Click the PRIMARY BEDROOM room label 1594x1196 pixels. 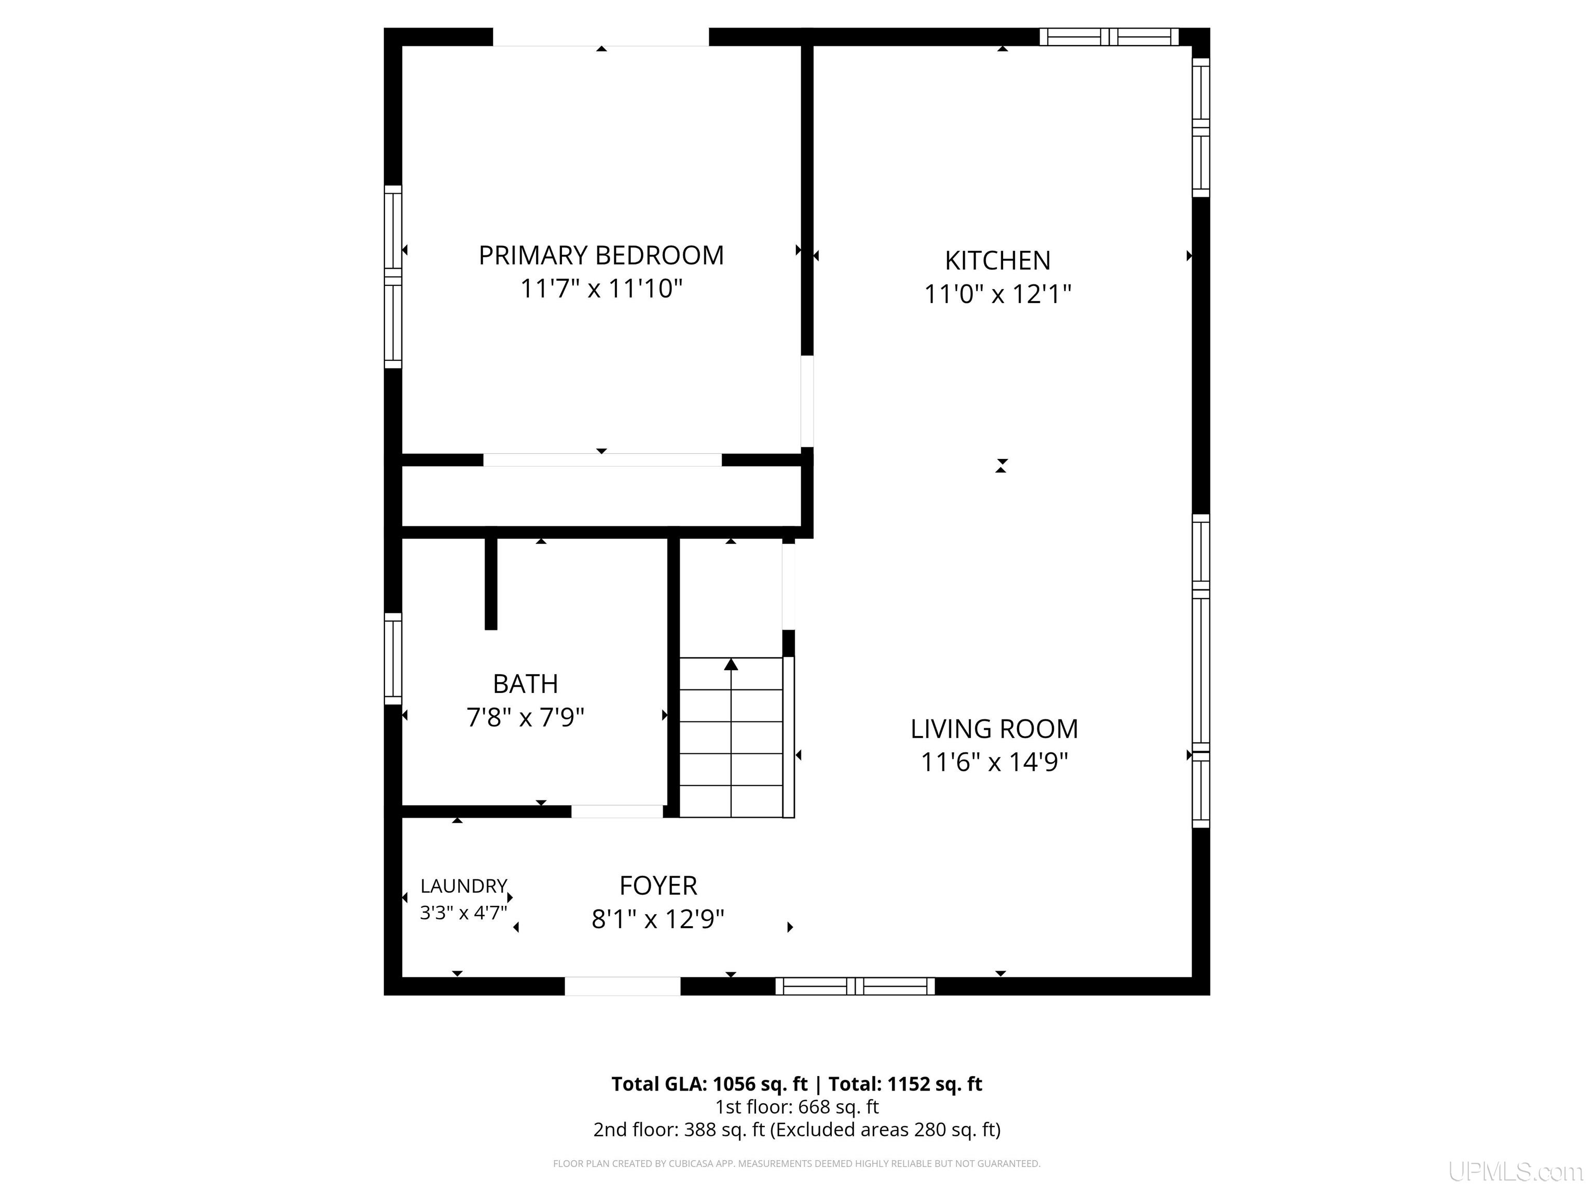click(601, 255)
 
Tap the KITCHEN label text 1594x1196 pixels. click(997, 260)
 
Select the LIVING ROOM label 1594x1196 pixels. click(995, 729)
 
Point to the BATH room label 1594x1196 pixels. click(525, 684)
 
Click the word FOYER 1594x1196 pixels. click(658, 885)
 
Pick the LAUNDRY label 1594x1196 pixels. click(463, 886)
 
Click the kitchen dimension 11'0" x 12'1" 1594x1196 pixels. click(997, 294)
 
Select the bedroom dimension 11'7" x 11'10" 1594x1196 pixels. click(601, 289)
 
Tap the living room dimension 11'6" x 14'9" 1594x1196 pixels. click(995, 762)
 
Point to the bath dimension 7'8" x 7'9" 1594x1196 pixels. click(525, 717)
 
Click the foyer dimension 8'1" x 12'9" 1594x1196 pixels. click(658, 919)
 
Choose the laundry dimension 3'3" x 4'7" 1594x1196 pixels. click(463, 913)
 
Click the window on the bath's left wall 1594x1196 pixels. click(393, 658)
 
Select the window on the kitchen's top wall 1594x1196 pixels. click(1109, 37)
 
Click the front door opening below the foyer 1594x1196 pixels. click(623, 986)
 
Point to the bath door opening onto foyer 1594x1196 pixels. click(617, 812)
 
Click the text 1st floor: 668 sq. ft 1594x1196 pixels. click(797, 1107)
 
